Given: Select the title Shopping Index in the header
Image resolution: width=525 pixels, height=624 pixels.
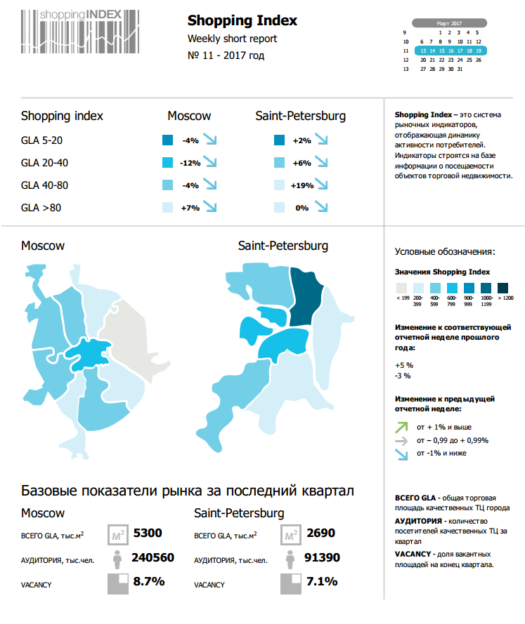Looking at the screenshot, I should (x=242, y=21).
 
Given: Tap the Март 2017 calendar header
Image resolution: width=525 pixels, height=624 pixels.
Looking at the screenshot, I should (x=448, y=23).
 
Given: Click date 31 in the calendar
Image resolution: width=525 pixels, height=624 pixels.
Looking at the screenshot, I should (x=460, y=69).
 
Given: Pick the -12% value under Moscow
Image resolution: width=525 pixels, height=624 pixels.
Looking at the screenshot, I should (x=190, y=163).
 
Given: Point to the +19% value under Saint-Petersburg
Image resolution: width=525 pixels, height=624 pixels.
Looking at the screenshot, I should (x=302, y=185).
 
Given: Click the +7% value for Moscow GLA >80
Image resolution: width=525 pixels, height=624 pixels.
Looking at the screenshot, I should (x=190, y=208).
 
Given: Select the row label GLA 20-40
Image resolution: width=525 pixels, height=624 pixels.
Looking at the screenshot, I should (x=44, y=163).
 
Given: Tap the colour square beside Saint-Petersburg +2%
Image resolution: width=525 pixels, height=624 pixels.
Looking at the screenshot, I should (x=279, y=140).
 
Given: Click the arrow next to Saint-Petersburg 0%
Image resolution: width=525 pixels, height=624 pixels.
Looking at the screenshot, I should (x=322, y=207).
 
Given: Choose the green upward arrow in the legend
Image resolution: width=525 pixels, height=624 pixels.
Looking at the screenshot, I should (x=401, y=426).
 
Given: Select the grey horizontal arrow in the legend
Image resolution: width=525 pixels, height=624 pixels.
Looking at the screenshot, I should (x=401, y=440).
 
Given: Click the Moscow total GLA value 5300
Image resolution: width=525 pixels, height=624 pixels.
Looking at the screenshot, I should (x=148, y=533).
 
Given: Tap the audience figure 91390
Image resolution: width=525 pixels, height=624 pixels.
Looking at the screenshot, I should (x=320, y=558).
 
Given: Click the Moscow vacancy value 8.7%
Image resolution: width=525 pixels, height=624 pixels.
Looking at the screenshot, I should (x=148, y=582).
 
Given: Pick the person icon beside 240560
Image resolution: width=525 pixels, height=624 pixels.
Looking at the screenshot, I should (x=117, y=559).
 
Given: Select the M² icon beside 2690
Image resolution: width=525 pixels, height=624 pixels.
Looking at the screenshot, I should (x=290, y=535).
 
